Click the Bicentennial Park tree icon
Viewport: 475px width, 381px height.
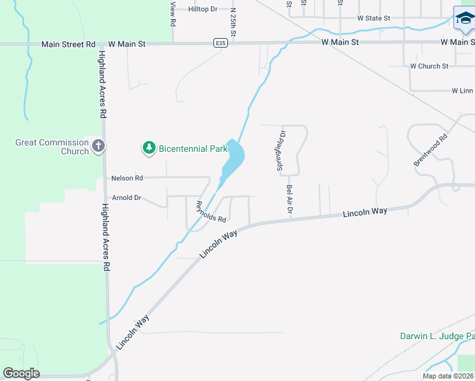tap(149, 148)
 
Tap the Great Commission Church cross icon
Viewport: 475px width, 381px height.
tap(98, 147)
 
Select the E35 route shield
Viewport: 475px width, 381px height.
tap(220, 43)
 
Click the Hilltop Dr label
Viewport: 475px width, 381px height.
tap(203, 10)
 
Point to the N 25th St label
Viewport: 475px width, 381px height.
tap(233, 21)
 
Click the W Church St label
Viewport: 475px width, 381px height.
tap(429, 66)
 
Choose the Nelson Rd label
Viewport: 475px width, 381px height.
tap(127, 178)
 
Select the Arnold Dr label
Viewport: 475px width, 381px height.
tap(126, 198)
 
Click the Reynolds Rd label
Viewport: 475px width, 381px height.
tap(211, 212)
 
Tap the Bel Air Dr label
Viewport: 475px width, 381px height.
tap(289, 200)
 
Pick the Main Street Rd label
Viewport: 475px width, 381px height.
tap(68, 44)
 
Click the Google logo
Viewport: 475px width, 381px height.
tap(21, 373)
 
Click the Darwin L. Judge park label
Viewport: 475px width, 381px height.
tap(437, 336)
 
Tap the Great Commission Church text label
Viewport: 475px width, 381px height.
tap(52, 147)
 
